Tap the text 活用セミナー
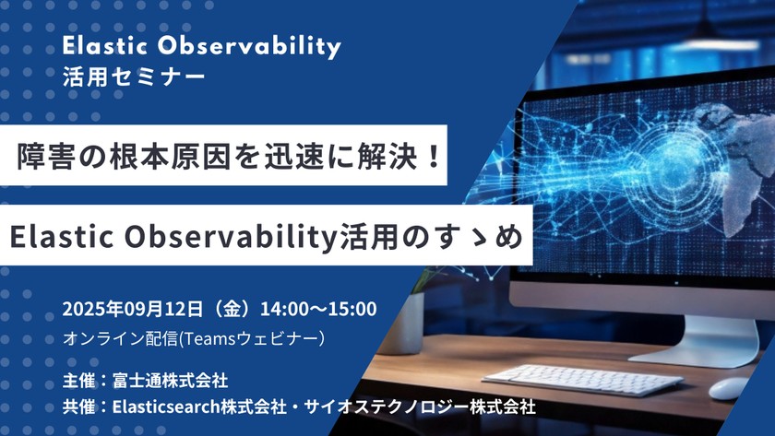click(x=134, y=76)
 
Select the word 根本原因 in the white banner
click(x=150, y=155)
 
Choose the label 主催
click(x=78, y=379)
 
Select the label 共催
click(x=78, y=406)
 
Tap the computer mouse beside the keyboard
click(x=729, y=388)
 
